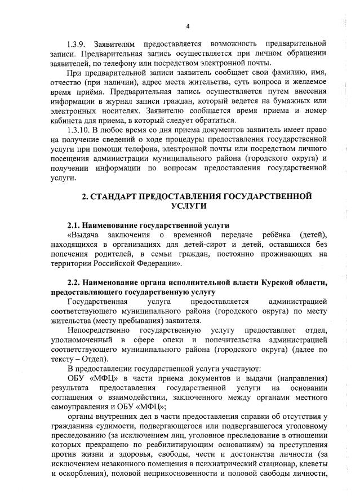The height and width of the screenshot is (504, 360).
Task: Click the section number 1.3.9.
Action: [x=77, y=43]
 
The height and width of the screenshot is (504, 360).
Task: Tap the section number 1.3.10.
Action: [x=79, y=130]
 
